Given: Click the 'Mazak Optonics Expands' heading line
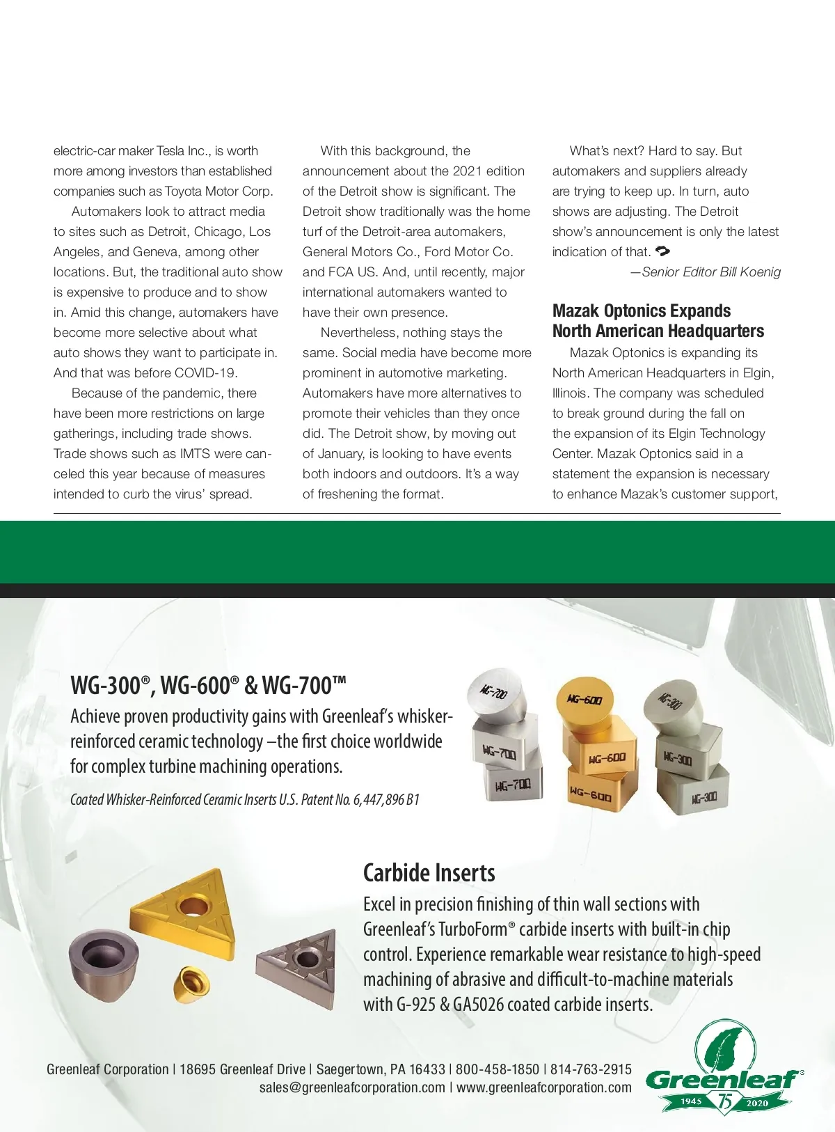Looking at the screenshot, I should (x=641, y=310).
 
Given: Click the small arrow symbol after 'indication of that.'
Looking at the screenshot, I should (x=662, y=251).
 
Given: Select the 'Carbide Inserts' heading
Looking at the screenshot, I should (x=429, y=873).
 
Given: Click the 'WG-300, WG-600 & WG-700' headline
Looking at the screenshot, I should (x=208, y=685).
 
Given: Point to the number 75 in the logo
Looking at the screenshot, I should (x=726, y=1101).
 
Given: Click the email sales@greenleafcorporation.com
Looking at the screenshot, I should (x=352, y=1088).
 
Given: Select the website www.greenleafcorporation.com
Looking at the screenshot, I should (x=544, y=1088).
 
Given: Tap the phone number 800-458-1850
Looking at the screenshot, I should (x=497, y=1069).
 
